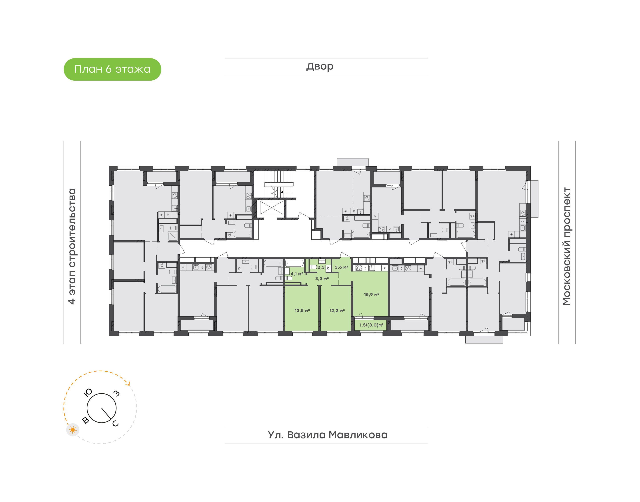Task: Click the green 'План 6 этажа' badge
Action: (x=112, y=69)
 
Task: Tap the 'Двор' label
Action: (x=320, y=66)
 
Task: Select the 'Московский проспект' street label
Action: (x=566, y=246)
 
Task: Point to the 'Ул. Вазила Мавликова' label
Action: (x=328, y=435)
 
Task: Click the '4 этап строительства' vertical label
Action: (x=72, y=246)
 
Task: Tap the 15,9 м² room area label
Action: (x=371, y=295)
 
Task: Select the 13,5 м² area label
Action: (x=302, y=310)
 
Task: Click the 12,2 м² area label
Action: (x=337, y=310)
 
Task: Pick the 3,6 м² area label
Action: (x=341, y=267)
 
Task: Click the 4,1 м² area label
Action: (x=297, y=274)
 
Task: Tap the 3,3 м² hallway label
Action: (x=322, y=278)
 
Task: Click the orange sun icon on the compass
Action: (x=73, y=430)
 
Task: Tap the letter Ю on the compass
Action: (x=88, y=392)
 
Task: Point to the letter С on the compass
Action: (x=116, y=423)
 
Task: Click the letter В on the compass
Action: (x=86, y=420)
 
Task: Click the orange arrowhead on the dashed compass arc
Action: (x=128, y=383)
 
